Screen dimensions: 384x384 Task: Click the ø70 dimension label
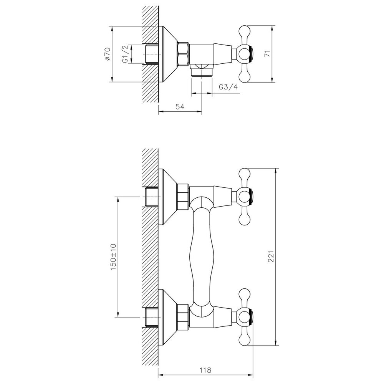[108, 54]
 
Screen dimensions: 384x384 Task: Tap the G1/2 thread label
[125, 55]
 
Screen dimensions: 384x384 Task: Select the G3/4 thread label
[228, 87]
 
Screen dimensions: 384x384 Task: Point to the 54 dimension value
[180, 106]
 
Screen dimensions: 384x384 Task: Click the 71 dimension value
[267, 54]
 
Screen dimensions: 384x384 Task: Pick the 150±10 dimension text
[113, 257]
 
